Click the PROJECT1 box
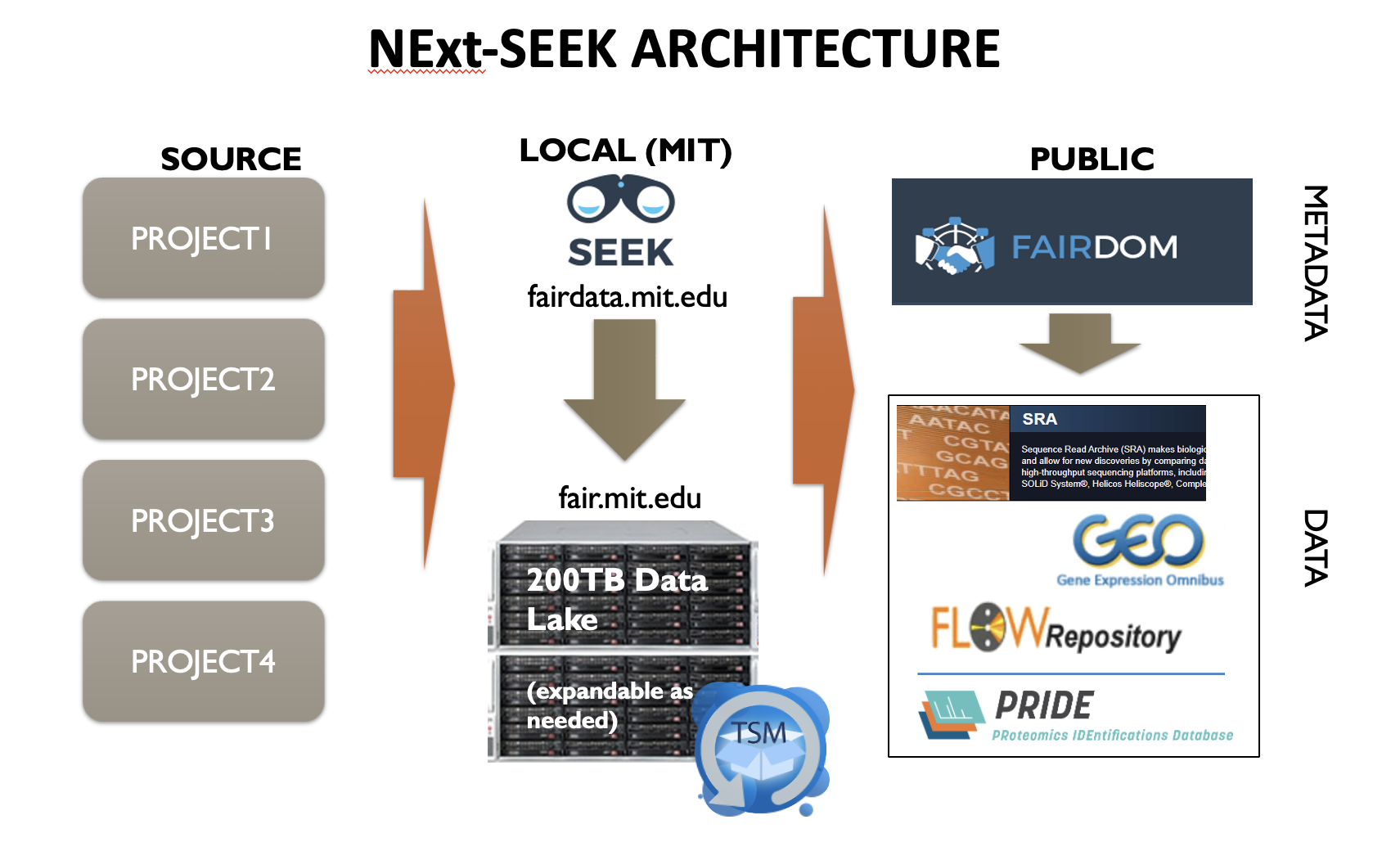tap(203, 239)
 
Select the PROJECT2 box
tap(203, 380)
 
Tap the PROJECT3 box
tap(203, 521)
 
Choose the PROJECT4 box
tap(203, 662)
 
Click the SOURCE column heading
tap(231, 159)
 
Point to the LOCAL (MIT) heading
tap(625, 151)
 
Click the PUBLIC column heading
tap(1092, 159)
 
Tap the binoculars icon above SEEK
tap(620, 200)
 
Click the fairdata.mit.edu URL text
tap(627, 296)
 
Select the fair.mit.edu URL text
tap(629, 498)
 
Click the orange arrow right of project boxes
tap(424, 385)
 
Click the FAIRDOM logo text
tap(1094, 246)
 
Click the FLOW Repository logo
tap(1056, 630)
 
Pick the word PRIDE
tap(1043, 705)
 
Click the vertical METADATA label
tap(1315, 263)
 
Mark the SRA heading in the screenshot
tap(1039, 419)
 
